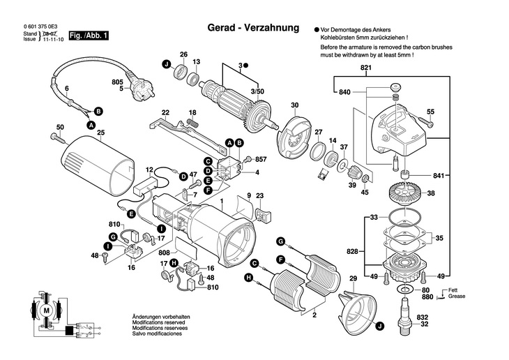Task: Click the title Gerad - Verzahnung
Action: click(253, 28)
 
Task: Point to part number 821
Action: click(366, 68)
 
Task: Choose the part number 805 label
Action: click(117, 82)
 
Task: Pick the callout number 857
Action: click(261, 159)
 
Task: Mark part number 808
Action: click(165, 253)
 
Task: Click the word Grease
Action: click(457, 297)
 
